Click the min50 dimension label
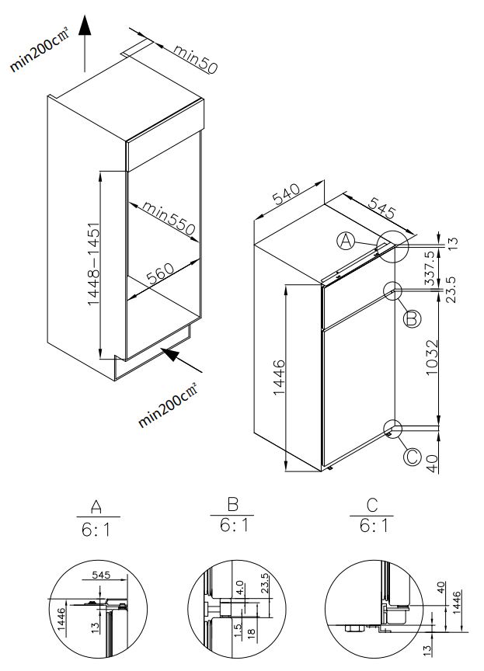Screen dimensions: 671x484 [x=195, y=60]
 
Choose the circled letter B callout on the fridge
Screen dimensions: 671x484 [x=412, y=317]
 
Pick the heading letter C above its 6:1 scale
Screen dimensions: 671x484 [x=372, y=507]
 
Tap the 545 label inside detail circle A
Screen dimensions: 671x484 [x=103, y=577]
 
